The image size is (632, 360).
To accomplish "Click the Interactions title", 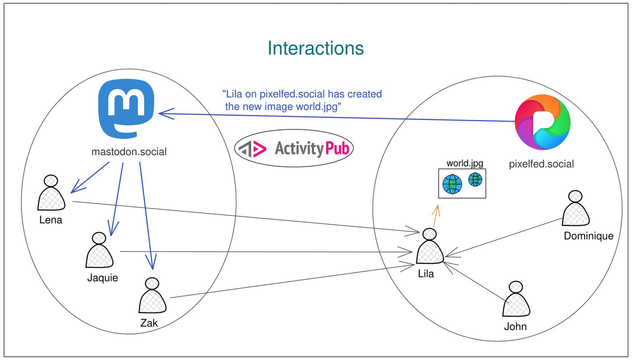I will pyautogui.click(x=316, y=48).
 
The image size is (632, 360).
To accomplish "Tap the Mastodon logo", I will pyautogui.click(x=126, y=108).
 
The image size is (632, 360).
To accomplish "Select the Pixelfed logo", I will pyautogui.click(x=542, y=122).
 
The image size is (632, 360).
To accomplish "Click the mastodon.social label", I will pyautogui.click(x=129, y=152).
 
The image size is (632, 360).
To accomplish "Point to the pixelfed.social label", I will pyautogui.click(x=541, y=164).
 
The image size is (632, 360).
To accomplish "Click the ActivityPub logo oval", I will pyautogui.click(x=294, y=148).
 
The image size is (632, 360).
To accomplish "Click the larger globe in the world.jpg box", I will pyautogui.click(x=452, y=184).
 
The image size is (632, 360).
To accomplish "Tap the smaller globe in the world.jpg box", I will pyautogui.click(x=475, y=180).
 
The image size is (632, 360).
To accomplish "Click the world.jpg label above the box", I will pyautogui.click(x=465, y=163).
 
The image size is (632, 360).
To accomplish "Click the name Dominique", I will pyautogui.click(x=589, y=236).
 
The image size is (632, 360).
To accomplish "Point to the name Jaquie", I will pyautogui.click(x=102, y=277).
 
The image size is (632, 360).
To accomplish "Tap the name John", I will pyautogui.click(x=515, y=326).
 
